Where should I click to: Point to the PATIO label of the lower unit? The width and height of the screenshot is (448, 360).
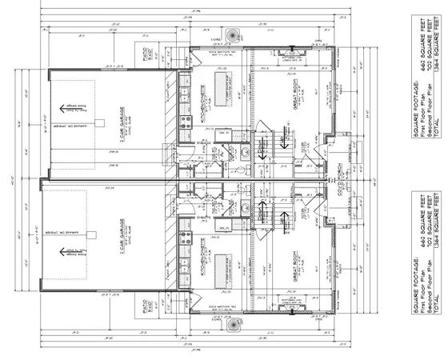(x=158, y=305)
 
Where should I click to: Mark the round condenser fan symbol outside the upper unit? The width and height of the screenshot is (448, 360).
(x=234, y=36)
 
